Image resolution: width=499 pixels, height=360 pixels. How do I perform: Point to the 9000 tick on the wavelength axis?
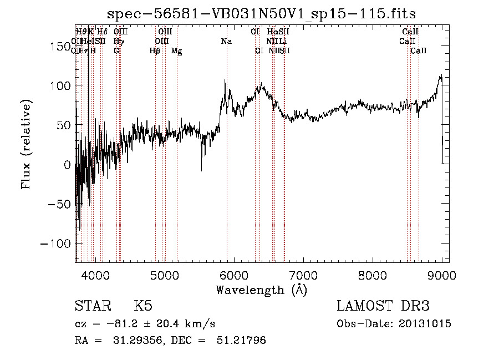pyautogui.click(x=441, y=275)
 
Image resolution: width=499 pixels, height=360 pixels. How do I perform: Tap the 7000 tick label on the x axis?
pyautogui.click(x=303, y=275)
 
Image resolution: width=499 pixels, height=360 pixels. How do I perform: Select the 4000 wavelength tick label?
pyautogui.click(x=95, y=275)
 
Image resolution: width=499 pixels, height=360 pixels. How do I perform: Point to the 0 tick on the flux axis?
pyautogui.click(x=68, y=165)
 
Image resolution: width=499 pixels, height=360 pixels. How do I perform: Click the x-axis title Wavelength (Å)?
pyautogui.click(x=261, y=290)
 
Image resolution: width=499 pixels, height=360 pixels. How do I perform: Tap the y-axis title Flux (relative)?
pyautogui.click(x=26, y=144)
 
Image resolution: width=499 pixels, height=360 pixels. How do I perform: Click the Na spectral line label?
pyautogui.click(x=226, y=41)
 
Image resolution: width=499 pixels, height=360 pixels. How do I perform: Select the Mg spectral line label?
pyautogui.click(x=176, y=51)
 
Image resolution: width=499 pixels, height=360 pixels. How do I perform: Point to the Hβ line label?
pyautogui.click(x=155, y=51)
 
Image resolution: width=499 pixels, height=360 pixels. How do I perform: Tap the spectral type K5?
pyautogui.click(x=143, y=307)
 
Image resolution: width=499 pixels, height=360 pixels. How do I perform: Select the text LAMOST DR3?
pyautogui.click(x=383, y=307)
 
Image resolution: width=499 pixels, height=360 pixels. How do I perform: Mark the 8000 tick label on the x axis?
pyautogui.click(x=372, y=275)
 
